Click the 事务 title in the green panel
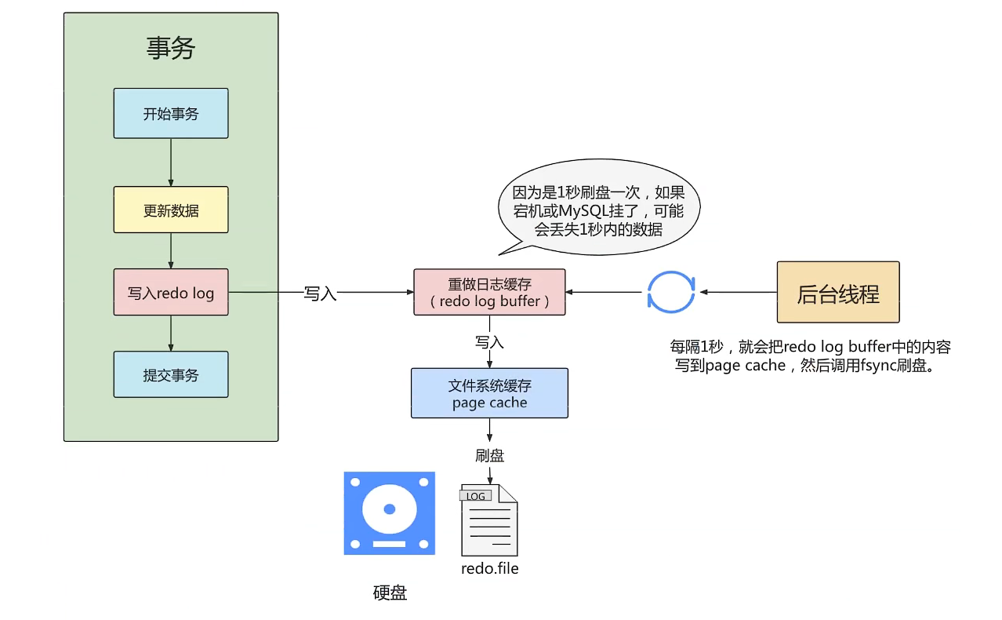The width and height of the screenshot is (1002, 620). pos(171,49)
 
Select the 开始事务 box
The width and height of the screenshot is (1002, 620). pos(171,114)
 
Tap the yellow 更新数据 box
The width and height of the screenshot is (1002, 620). pos(171,210)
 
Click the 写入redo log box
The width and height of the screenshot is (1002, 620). pos(171,293)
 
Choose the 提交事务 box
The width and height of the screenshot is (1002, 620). pos(171,375)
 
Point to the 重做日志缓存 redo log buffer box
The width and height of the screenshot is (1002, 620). pos(489,293)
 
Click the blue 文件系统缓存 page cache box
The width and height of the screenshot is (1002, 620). pos(489,394)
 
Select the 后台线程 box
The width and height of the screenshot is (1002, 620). pos(837,293)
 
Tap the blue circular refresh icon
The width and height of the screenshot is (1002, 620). pos(670,292)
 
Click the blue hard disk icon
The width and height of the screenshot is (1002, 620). pos(389,513)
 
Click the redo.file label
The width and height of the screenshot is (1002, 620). pos(489,568)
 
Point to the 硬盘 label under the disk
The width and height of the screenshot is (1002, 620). pos(390,593)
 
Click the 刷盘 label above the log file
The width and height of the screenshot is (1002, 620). pos(489,456)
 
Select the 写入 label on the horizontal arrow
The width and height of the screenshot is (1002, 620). pos(320,294)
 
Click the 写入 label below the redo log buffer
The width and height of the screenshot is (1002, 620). pos(489,342)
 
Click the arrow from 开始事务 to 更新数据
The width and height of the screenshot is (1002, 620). pos(171,162)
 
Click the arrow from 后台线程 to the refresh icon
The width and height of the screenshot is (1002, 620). pos(737,292)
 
